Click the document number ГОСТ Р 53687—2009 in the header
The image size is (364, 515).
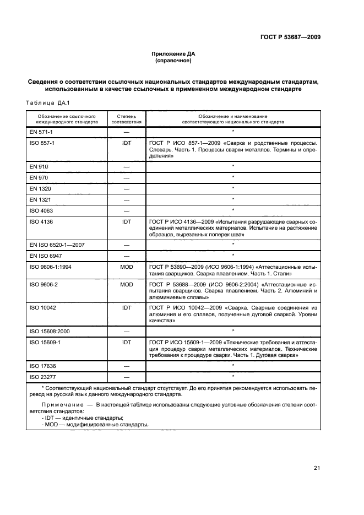(x=290, y=37)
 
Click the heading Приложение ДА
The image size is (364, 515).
(x=173, y=54)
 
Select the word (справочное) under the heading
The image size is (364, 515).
(x=173, y=61)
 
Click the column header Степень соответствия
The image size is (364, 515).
(x=126, y=120)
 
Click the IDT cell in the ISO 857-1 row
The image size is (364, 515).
(x=126, y=143)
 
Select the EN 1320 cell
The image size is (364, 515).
(x=40, y=188)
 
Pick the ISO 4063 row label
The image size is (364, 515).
(x=41, y=210)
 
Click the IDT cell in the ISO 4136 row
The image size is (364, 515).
(x=126, y=222)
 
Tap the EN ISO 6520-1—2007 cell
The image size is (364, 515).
(x=53, y=244)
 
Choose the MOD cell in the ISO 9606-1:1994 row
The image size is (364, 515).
(x=126, y=267)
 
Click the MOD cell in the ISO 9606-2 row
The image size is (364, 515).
(x=126, y=284)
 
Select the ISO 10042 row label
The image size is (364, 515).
(x=42, y=307)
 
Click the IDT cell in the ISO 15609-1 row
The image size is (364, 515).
(x=126, y=342)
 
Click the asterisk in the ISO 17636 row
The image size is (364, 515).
(x=233, y=365)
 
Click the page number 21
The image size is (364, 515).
(x=317, y=468)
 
